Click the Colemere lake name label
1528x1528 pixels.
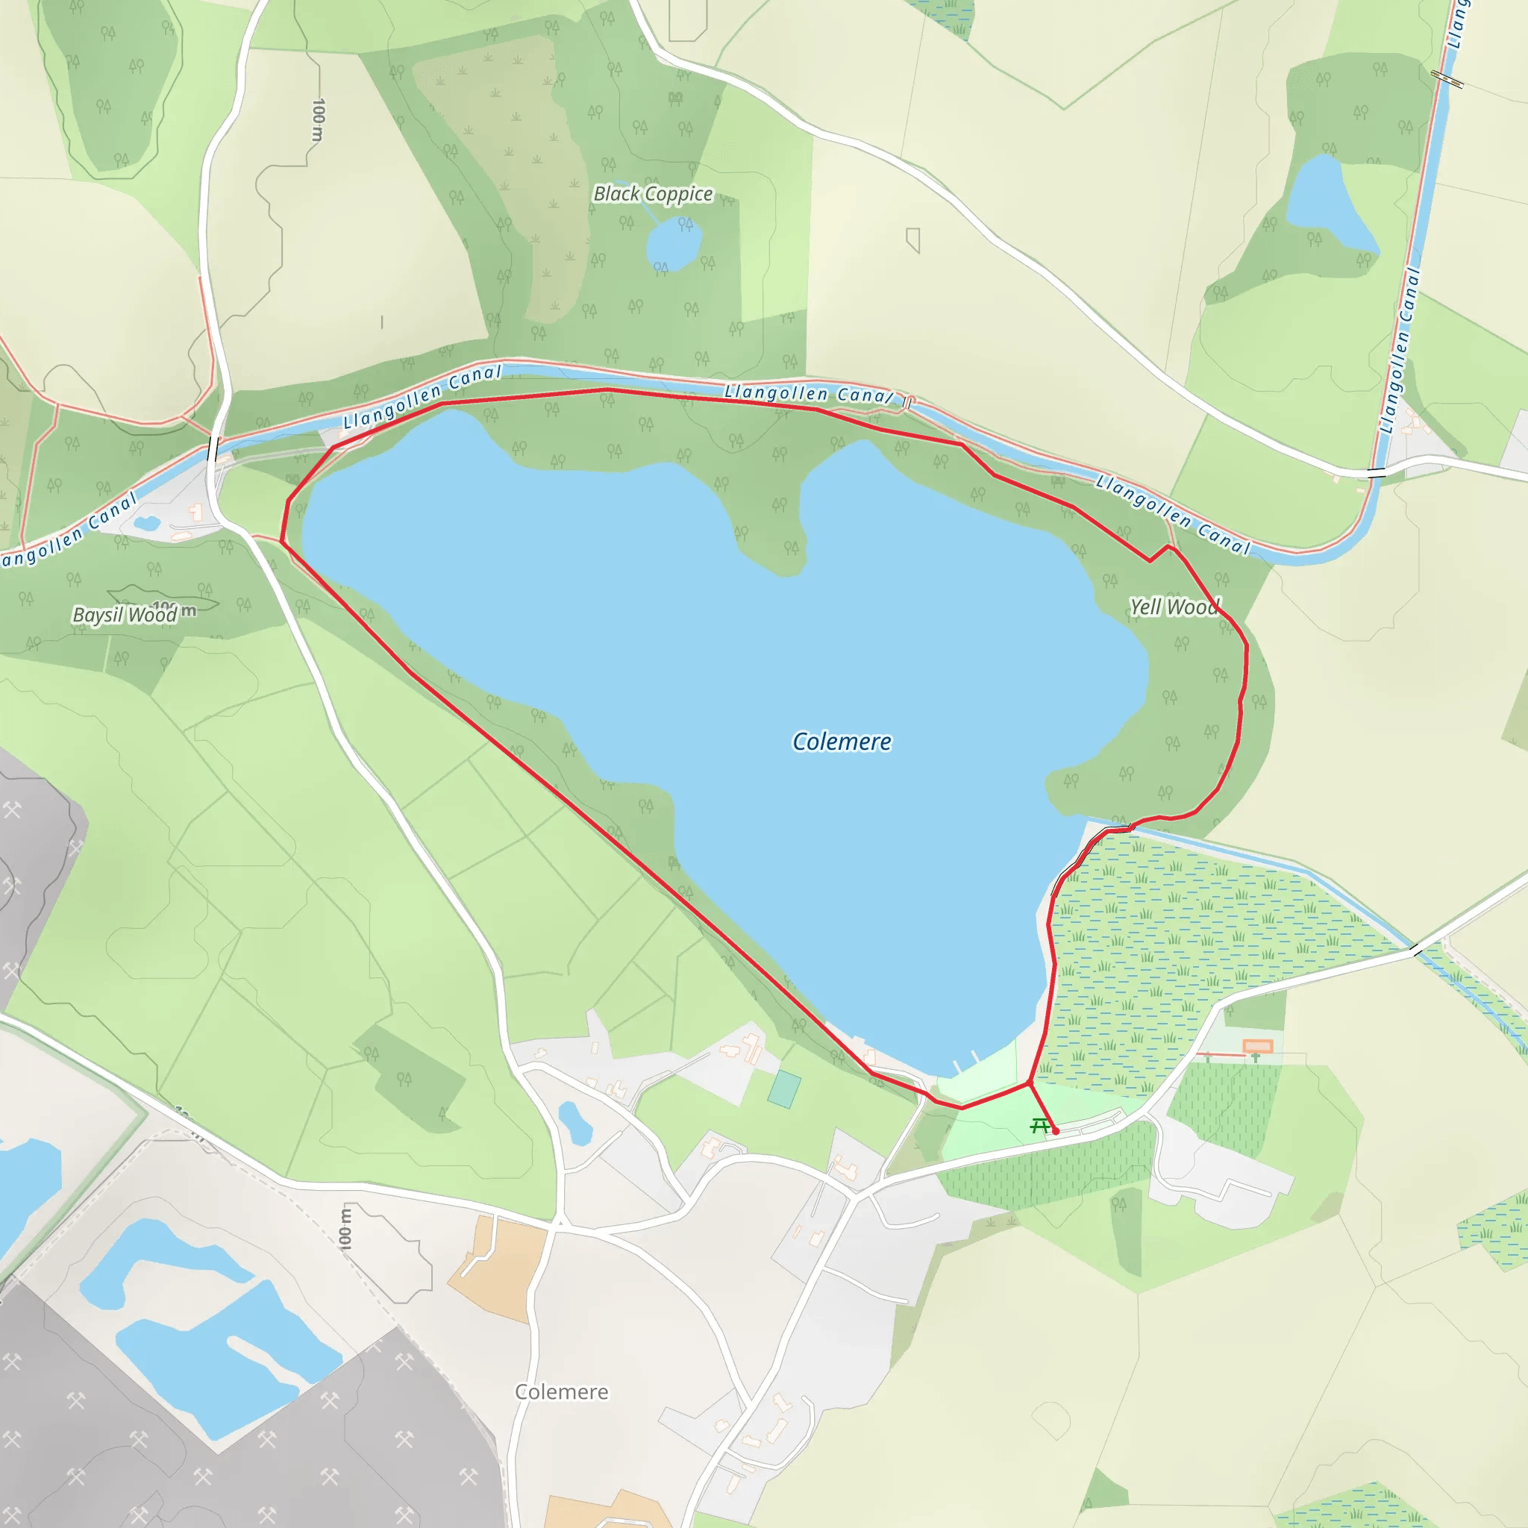point(842,742)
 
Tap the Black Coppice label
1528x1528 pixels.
point(653,194)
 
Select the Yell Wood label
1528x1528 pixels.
point(1174,607)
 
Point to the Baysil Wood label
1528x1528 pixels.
point(125,615)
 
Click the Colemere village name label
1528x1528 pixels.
point(562,1392)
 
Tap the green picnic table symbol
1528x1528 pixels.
point(1040,1125)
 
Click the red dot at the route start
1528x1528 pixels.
point(1056,1132)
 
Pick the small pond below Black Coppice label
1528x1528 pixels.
point(674,242)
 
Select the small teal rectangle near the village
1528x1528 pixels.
point(784,1090)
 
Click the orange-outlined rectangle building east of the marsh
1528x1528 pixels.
point(1257,1046)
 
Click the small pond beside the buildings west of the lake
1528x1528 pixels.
point(147,524)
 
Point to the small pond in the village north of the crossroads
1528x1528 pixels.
point(575,1124)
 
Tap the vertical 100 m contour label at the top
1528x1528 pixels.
point(318,119)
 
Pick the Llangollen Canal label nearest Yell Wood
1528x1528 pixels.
point(1173,515)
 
